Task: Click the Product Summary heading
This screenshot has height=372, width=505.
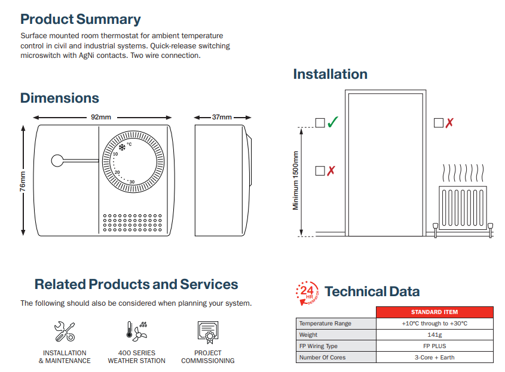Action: click(81, 19)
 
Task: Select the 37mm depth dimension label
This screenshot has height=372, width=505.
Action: click(222, 117)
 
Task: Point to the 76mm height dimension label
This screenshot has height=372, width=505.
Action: click(23, 181)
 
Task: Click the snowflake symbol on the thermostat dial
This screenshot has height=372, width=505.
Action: click(121, 146)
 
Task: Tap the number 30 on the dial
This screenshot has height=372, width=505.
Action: click(131, 182)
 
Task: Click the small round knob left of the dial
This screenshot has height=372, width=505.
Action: click(57, 161)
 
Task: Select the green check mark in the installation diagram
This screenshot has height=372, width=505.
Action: click(333, 122)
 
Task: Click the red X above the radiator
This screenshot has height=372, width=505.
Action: click(449, 122)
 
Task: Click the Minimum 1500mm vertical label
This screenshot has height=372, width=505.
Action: click(295, 180)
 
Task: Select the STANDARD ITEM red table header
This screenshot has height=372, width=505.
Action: click(434, 312)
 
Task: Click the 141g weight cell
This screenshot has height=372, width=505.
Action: click(434, 335)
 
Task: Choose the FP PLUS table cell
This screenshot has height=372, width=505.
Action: click(434, 346)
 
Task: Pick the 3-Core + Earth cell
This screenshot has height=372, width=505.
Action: click(434, 358)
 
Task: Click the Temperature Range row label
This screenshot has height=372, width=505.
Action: click(325, 324)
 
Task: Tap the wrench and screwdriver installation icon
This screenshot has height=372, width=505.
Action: click(65, 331)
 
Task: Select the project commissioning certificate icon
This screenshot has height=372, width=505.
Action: click(207, 331)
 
